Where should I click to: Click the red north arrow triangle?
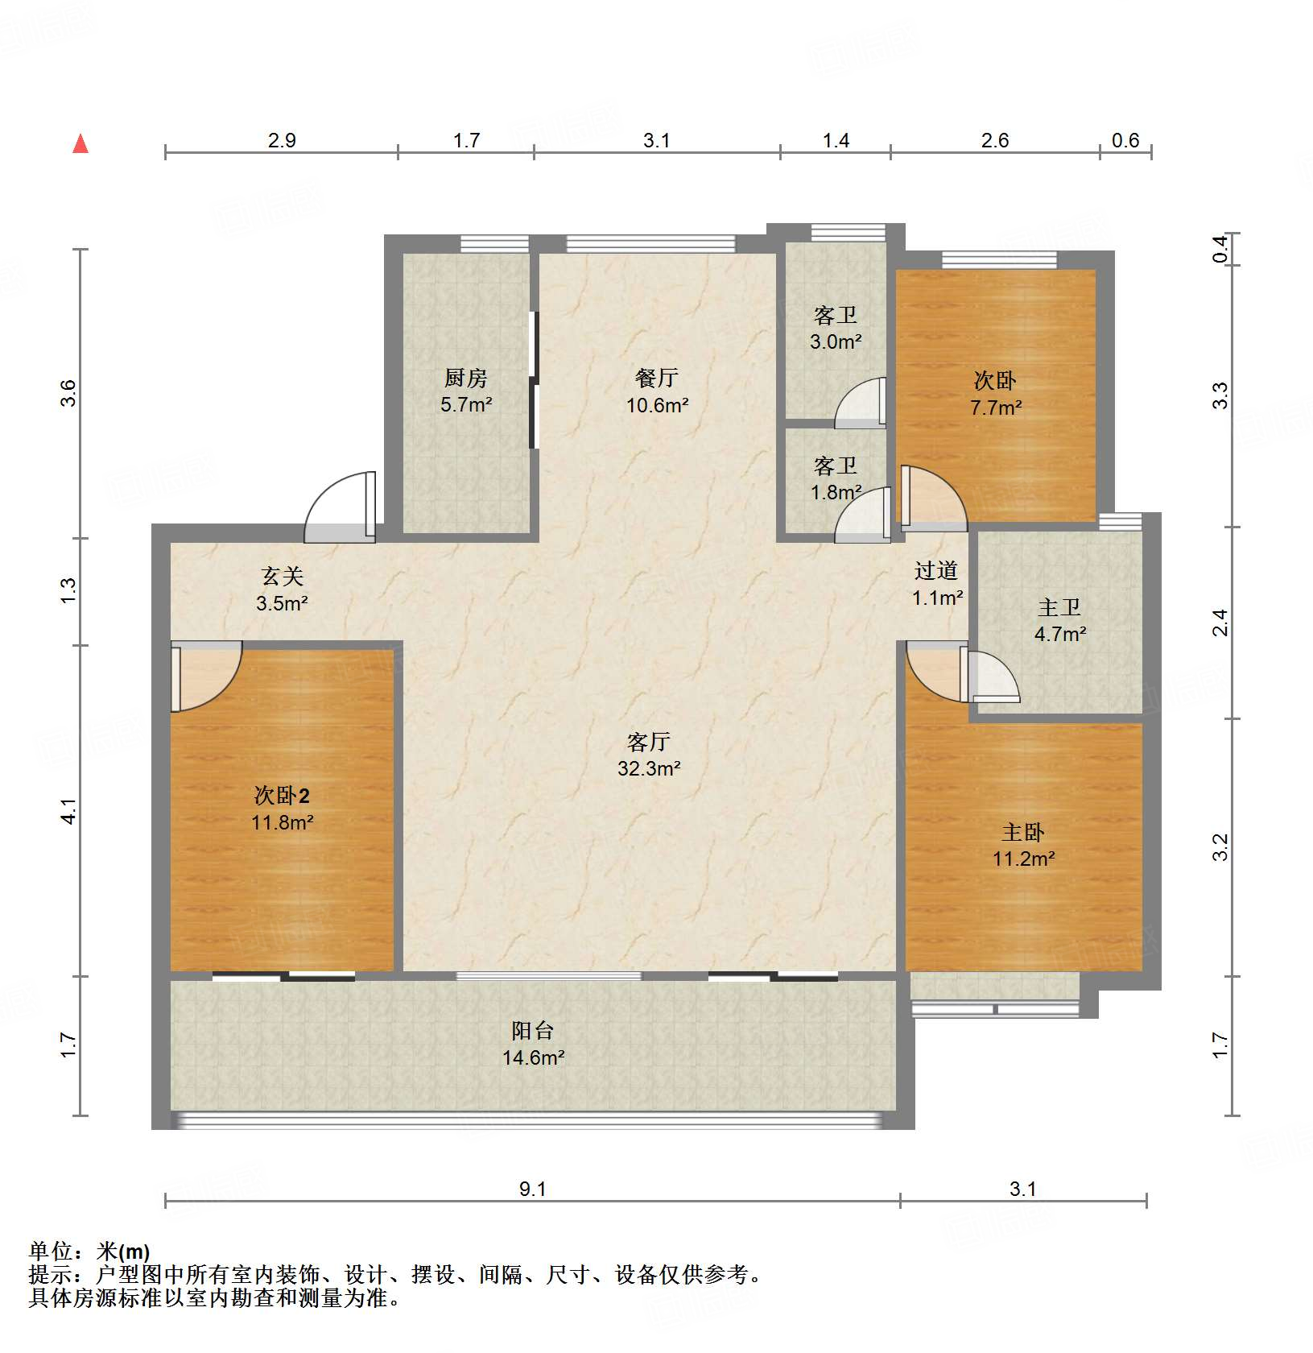click(x=81, y=144)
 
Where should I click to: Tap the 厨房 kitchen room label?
click(x=465, y=378)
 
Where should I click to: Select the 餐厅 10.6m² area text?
click(x=657, y=405)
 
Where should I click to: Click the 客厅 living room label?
click(x=648, y=742)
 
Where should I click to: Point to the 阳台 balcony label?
click(x=532, y=1030)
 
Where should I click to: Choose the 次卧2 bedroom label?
click(x=282, y=796)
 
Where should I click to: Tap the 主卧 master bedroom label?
click(x=1022, y=832)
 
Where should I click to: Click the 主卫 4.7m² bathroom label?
click(x=1059, y=634)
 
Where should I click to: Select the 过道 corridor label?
click(x=935, y=571)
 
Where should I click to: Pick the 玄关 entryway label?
click(x=282, y=577)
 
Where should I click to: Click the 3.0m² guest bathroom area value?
click(x=835, y=341)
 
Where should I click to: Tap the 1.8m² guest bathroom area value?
click(x=835, y=492)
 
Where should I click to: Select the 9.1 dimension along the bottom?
click(x=532, y=1190)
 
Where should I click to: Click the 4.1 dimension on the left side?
click(x=69, y=810)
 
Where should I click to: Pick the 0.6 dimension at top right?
click(x=1125, y=141)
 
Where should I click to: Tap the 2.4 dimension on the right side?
click(x=1220, y=623)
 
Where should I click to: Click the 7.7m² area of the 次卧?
click(x=995, y=408)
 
